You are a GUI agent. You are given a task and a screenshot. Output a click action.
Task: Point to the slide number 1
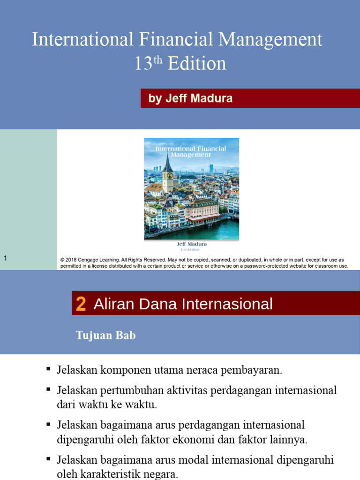(5, 258)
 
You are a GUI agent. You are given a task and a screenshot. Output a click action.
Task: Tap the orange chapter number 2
(81, 305)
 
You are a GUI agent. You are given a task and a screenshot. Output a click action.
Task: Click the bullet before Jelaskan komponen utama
(48, 369)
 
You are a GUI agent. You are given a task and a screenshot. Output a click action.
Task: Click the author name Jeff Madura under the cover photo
(191, 244)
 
